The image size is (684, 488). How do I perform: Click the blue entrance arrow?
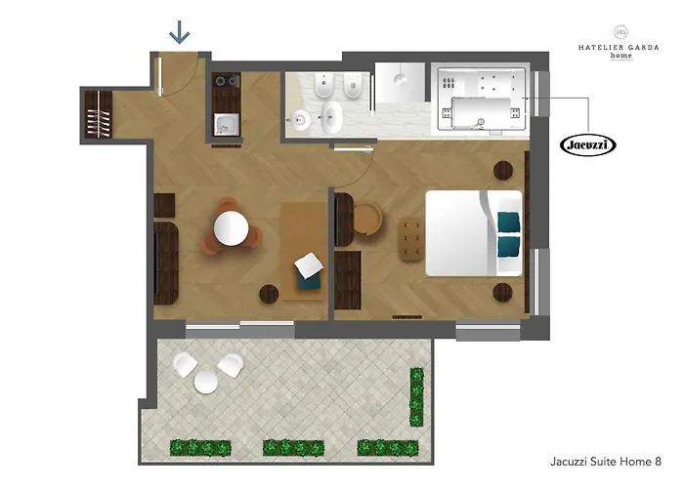click(x=179, y=32)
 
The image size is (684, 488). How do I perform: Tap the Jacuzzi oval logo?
click(x=587, y=145)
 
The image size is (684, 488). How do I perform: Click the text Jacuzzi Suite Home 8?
click(x=606, y=462)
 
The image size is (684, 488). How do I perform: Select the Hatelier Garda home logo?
click(x=619, y=43)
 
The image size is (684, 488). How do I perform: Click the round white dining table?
click(x=232, y=227)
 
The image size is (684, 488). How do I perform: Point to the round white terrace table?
click(x=206, y=383)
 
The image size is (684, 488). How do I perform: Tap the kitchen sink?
click(x=227, y=125)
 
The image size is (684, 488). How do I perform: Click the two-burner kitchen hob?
click(x=227, y=81)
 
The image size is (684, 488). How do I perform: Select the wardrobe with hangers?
click(x=98, y=114)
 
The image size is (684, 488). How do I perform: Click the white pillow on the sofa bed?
click(x=309, y=265)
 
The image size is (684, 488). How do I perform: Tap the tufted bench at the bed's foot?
click(x=411, y=238)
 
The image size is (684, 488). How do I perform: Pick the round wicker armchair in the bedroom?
click(x=367, y=220)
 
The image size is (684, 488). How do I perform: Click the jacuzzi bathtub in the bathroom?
click(x=482, y=100)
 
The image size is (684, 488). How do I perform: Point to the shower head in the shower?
click(x=400, y=79)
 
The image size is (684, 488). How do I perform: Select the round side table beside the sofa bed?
click(x=269, y=294)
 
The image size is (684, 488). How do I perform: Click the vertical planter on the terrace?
click(x=416, y=396)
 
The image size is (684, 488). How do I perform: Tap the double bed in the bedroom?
click(x=474, y=233)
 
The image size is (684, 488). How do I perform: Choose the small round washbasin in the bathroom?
click(x=301, y=118)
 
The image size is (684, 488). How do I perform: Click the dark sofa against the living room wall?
click(x=166, y=263)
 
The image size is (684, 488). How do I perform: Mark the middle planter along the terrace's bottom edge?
click(x=293, y=447)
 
